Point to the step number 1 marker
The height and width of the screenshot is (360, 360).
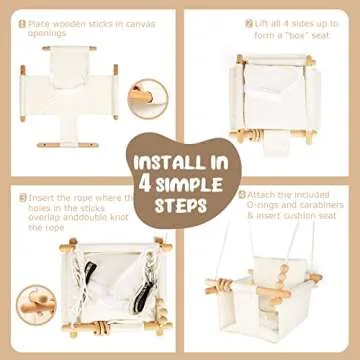(x=23, y=21)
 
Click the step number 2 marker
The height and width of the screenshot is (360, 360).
(x=248, y=20)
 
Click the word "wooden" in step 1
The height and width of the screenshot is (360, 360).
(x=64, y=21)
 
